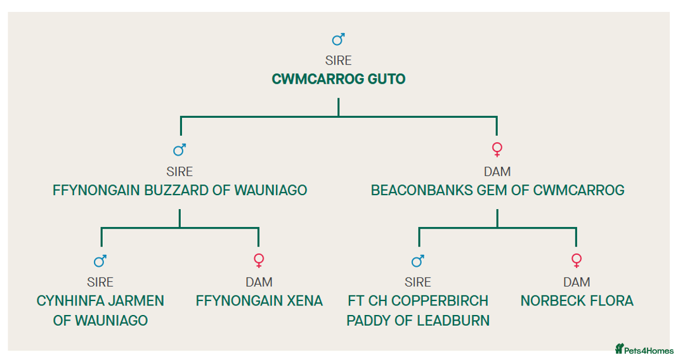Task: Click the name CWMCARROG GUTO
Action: (338, 79)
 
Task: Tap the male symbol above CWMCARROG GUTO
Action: (338, 40)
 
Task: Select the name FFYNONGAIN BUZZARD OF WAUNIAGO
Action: (179, 190)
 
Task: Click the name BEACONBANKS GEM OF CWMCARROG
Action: (497, 190)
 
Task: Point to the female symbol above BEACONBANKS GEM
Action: (497, 150)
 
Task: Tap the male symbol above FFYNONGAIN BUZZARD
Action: (179, 150)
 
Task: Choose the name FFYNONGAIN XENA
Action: (259, 300)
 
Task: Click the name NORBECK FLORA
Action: (577, 300)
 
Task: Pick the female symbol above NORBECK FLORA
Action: (577, 260)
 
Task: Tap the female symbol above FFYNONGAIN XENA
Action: (259, 260)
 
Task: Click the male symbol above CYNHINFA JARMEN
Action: (100, 260)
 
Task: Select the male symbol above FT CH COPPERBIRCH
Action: (417, 260)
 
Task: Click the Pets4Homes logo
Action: (644, 349)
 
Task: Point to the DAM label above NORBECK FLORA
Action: (577, 282)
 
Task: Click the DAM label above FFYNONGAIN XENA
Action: (259, 282)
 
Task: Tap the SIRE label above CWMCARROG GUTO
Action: (338, 61)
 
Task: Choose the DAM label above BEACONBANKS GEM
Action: (497, 172)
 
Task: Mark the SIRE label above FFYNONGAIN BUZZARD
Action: (179, 172)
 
